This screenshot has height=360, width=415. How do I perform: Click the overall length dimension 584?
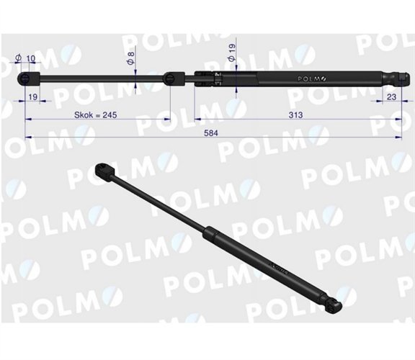[211, 132]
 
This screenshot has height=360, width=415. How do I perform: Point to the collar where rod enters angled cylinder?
[207, 231]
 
